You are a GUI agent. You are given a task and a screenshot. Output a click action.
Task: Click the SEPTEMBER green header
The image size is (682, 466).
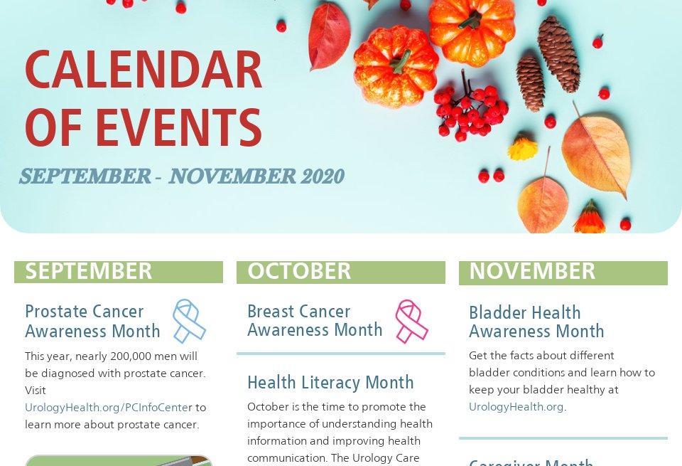[118, 272]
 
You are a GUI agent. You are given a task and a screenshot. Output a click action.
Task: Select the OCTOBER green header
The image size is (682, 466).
[340, 272]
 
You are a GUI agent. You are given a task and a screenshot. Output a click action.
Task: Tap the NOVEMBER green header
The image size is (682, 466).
[563, 272]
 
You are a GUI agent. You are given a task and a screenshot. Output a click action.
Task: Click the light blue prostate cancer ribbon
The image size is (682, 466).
[188, 320]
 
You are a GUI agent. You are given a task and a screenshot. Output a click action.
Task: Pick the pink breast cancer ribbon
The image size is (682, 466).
[411, 321]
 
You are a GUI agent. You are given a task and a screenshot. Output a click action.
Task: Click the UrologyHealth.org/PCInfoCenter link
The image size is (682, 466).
[109, 408]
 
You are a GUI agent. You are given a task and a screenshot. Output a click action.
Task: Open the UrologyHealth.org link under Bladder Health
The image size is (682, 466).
[516, 407]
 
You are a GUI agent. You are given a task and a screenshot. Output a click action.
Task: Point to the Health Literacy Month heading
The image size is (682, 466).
[330, 383]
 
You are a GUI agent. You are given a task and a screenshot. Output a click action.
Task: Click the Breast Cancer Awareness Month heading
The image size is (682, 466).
[315, 321]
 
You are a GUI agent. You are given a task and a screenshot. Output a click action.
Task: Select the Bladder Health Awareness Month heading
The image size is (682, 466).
[536, 322]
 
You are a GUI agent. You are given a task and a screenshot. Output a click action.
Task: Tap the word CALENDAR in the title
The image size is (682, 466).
[144, 71]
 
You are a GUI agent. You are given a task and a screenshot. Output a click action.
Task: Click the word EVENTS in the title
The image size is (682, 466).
[179, 128]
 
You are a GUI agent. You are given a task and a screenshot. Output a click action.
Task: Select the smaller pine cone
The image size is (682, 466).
[530, 83]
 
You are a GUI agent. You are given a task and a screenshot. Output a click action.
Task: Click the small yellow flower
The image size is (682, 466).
[522, 148]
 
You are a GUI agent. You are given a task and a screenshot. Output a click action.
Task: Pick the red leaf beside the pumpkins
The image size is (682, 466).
[330, 36]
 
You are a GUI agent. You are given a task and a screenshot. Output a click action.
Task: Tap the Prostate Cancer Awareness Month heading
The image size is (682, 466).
[92, 322]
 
